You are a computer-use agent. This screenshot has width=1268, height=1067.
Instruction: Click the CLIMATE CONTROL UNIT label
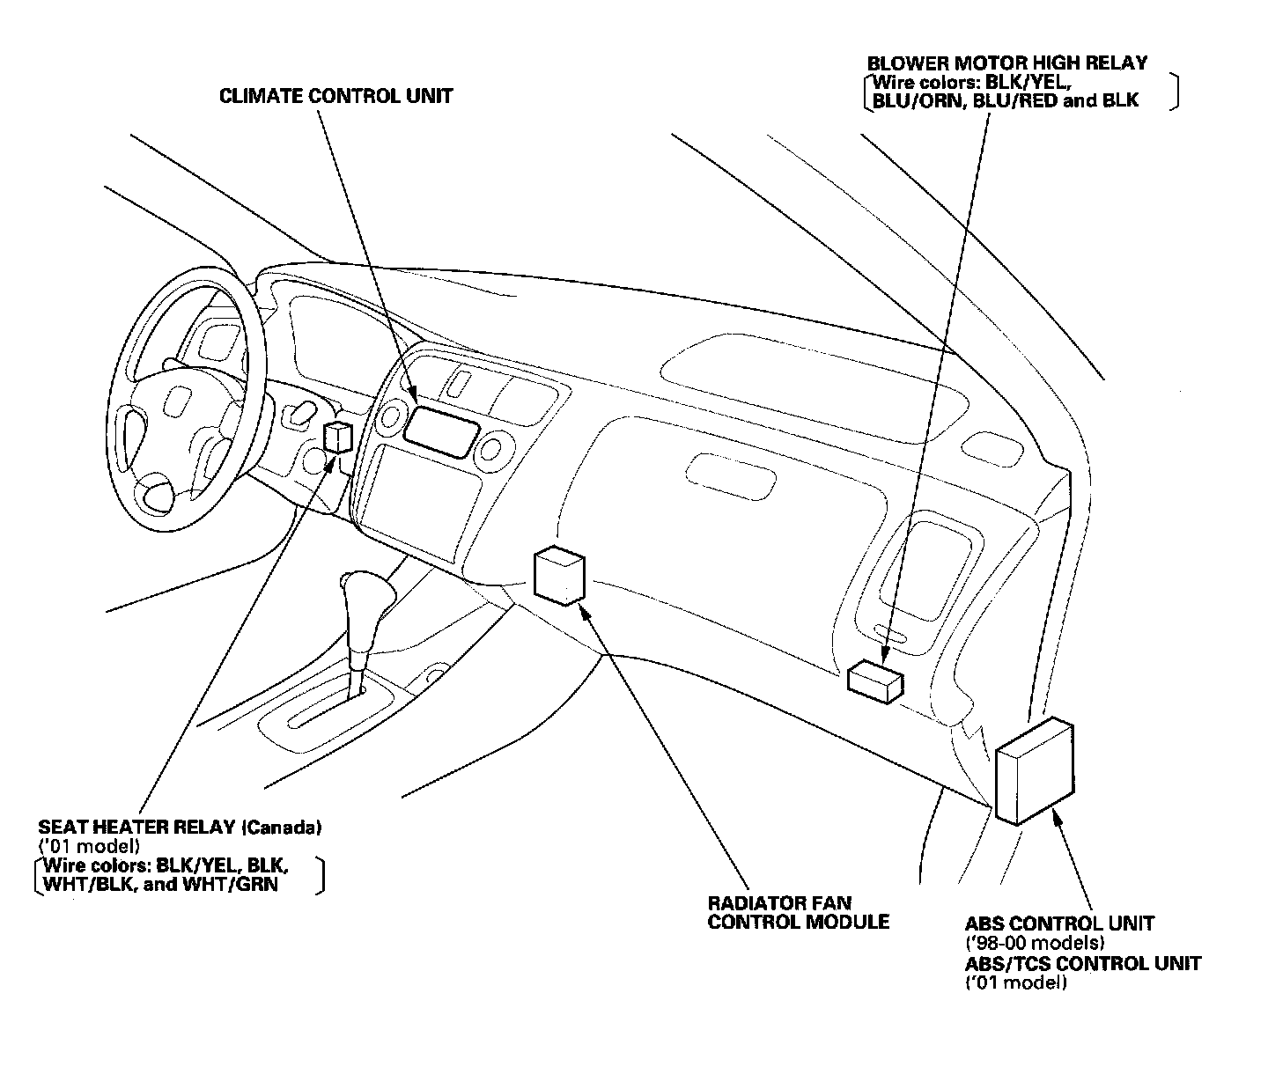tap(335, 96)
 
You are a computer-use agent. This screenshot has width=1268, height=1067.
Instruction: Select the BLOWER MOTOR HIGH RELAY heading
tap(1007, 63)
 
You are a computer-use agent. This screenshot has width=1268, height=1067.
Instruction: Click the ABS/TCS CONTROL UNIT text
tap(1082, 963)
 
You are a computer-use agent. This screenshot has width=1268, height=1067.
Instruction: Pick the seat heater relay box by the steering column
tap(340, 437)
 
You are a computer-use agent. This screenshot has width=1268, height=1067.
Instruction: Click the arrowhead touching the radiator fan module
tap(584, 609)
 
